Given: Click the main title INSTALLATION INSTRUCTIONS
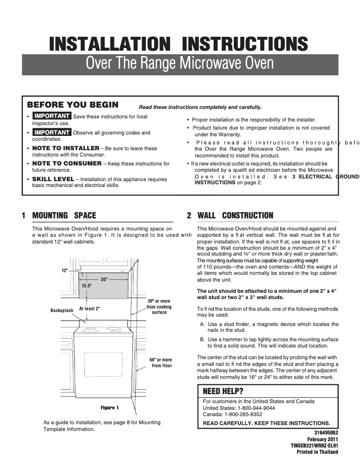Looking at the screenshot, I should pyautogui.click(x=179, y=44).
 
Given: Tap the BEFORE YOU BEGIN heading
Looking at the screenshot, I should pyautogui.click(x=73, y=105).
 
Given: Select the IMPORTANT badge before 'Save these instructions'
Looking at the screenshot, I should pyautogui.click(x=52, y=117).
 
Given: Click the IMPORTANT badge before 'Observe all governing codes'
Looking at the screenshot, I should pyautogui.click(x=52, y=133).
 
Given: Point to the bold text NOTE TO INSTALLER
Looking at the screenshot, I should pyautogui.click(x=66, y=148).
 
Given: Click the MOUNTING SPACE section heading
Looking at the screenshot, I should pyautogui.click(x=64, y=216).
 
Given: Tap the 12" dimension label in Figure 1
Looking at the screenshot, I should pyautogui.click(x=65, y=270).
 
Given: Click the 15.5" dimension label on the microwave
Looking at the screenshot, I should pyautogui.click(x=87, y=285).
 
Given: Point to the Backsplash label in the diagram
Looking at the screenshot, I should pyautogui.click(x=61, y=310).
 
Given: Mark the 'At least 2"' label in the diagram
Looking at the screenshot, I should pyautogui.click(x=89, y=309).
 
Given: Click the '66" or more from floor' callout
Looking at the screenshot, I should pyautogui.click(x=161, y=363).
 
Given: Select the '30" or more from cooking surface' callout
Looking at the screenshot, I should pyautogui.click(x=159, y=307).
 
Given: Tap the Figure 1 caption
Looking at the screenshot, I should pyautogui.click(x=110, y=408).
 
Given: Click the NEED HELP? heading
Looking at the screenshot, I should pyautogui.click(x=223, y=391).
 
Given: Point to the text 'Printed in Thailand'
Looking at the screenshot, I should pyautogui.click(x=317, y=452).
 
